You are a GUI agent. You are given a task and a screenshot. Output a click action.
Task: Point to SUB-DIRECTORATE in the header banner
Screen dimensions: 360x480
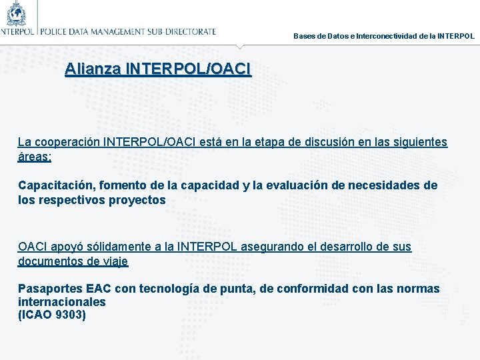click(x=181, y=31)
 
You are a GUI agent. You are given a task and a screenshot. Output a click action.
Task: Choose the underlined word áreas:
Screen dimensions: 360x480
click(x=35, y=157)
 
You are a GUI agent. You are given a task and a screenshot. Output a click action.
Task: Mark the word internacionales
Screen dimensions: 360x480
click(x=62, y=302)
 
